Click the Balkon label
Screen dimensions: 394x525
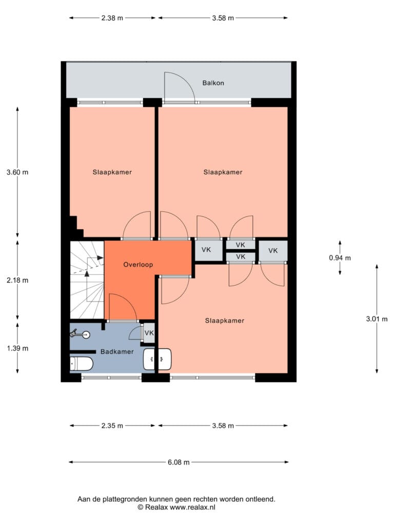213,83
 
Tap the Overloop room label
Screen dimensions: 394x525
138,265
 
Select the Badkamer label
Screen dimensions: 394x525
117,352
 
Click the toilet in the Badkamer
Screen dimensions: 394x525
82,364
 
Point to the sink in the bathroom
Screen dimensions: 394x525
157,359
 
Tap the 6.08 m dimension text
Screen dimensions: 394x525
179,462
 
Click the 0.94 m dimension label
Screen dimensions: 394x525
340,258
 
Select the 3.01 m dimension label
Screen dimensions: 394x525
377,319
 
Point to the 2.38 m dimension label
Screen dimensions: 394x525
112,18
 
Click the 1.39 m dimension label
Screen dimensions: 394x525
17,348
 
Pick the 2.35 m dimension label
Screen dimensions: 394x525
112,426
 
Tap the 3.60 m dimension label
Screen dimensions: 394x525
17,172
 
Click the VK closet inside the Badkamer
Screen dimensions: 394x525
149,333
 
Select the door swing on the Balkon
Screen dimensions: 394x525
179,86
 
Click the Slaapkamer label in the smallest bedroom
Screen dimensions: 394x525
112,172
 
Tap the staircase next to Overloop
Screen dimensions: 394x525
87,280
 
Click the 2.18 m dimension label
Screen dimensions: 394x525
17,280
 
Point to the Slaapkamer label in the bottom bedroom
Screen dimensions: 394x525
225,320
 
